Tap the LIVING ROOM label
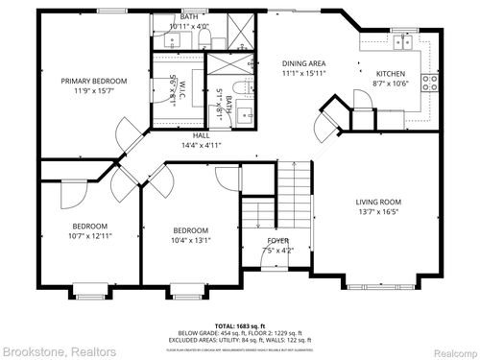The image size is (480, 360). [x=378, y=202]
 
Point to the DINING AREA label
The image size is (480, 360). [x=304, y=61]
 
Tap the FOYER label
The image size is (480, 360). [x=277, y=241]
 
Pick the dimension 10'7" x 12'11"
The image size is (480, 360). [x=90, y=235]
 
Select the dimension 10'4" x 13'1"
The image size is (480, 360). [x=190, y=241]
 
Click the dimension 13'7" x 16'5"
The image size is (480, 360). [x=378, y=212]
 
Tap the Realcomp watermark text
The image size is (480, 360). [x=449, y=351]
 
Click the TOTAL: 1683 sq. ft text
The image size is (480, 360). [x=240, y=326]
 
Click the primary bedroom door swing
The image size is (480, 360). [x=127, y=134]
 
